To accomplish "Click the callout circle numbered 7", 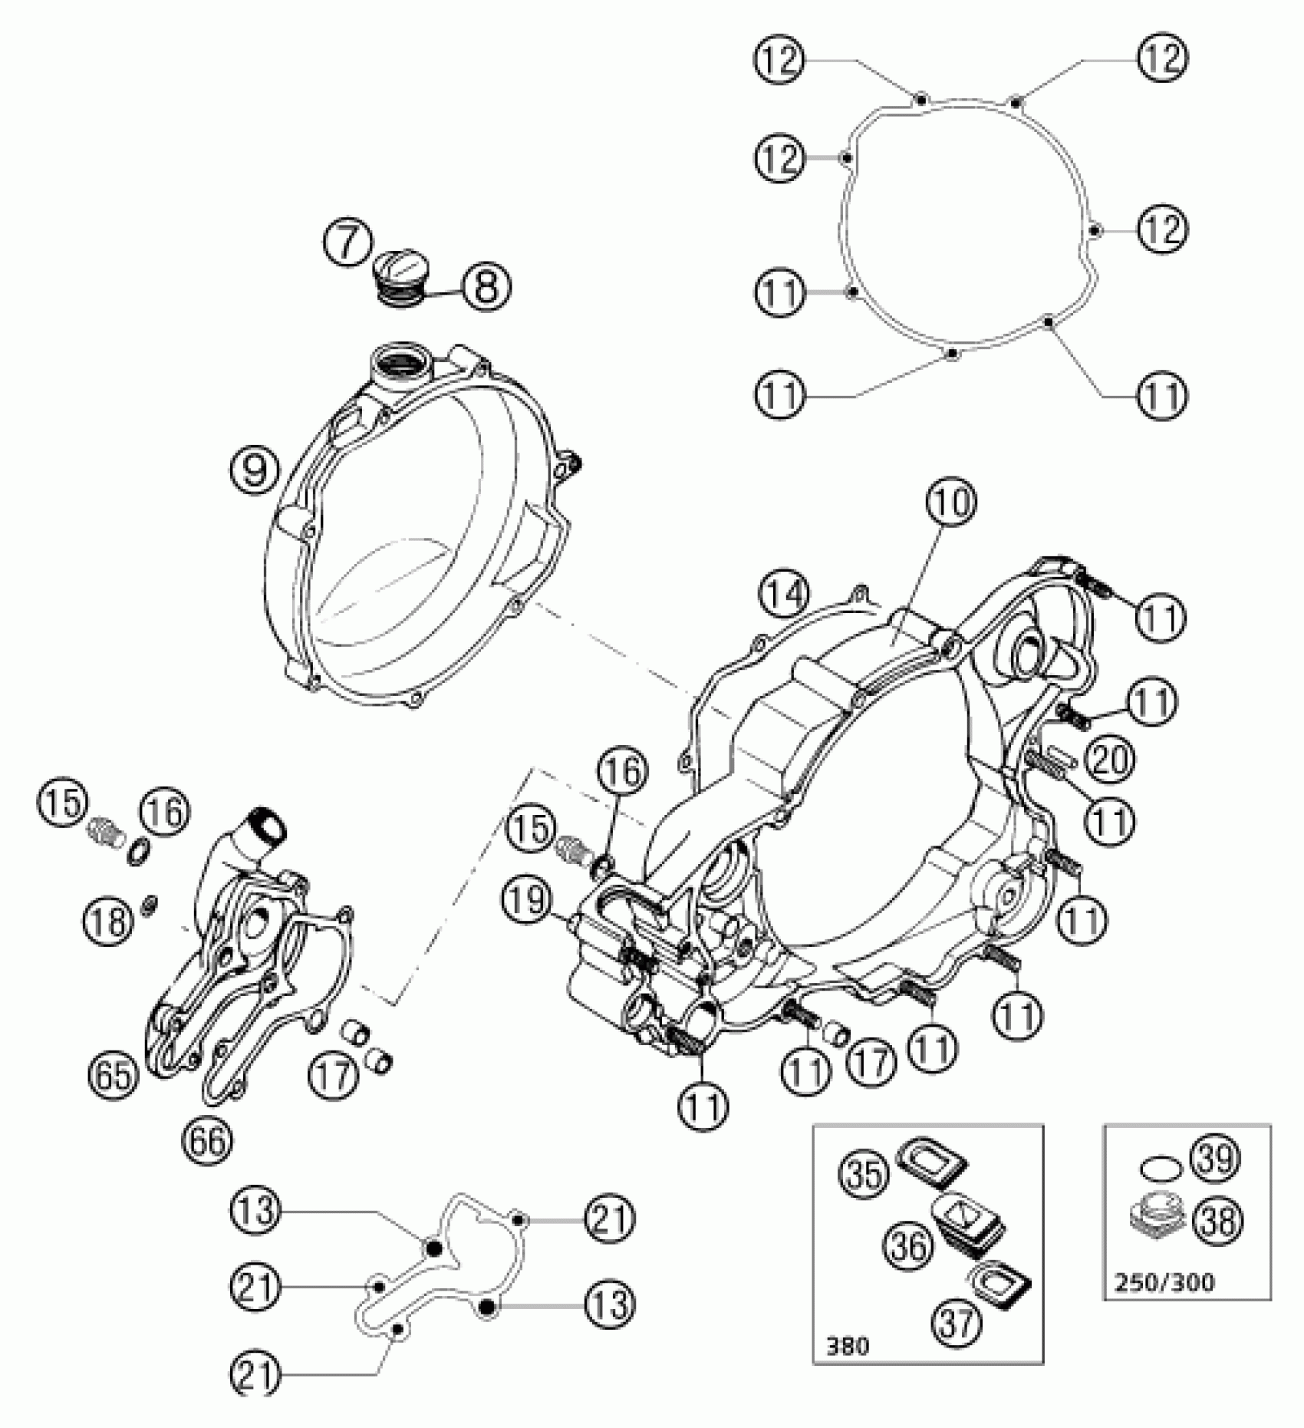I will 347,243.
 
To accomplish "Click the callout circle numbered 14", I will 785,596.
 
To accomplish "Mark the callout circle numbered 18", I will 110,918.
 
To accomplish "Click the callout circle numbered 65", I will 113,1075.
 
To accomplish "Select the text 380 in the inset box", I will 848,1367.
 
